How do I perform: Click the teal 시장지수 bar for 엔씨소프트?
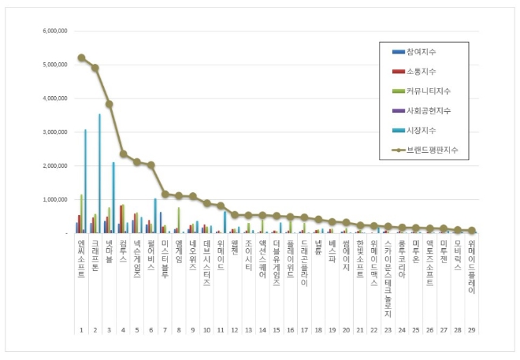[85, 181]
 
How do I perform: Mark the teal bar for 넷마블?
[113, 197]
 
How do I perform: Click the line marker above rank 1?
[81, 58]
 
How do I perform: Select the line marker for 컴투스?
[123, 154]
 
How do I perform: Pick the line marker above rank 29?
[471, 231]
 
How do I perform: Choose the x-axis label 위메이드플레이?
[471, 268]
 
